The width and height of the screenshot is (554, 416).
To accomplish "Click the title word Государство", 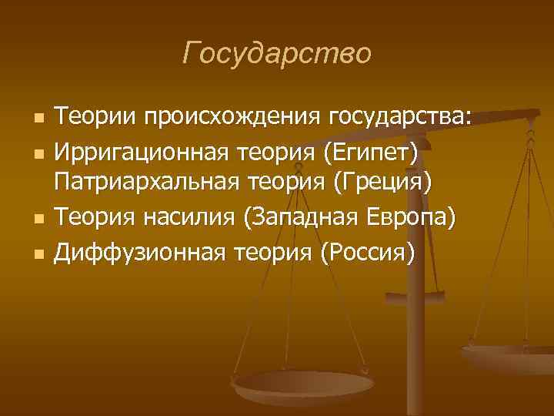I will (x=277, y=54).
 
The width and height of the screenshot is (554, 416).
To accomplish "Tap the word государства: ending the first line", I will (x=400, y=119).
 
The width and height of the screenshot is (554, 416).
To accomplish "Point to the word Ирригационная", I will (x=138, y=152).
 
